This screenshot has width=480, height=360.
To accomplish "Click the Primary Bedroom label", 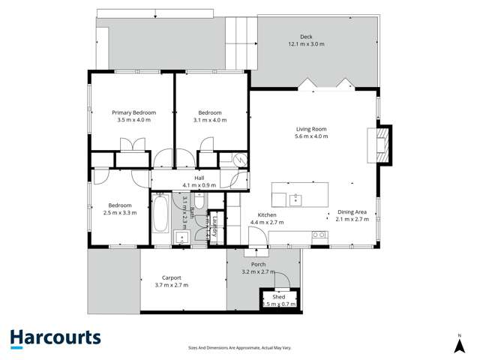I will [x=134, y=112].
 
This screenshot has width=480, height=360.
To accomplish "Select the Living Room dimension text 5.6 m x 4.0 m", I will [x=310, y=136].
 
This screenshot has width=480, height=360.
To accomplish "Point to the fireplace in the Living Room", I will [x=382, y=144].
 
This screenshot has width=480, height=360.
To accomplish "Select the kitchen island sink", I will [x=296, y=198].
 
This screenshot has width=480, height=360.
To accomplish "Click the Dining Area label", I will [x=351, y=212].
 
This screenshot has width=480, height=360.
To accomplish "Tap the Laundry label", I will [x=215, y=225].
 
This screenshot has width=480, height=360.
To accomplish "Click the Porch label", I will [x=259, y=264].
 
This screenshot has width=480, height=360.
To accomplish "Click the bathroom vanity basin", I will [x=182, y=238].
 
